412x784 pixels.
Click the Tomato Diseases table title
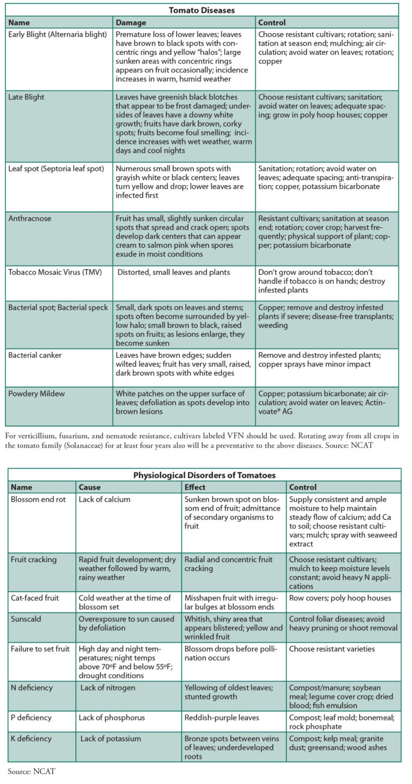(202, 10)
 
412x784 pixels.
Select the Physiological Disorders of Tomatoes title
(204, 475)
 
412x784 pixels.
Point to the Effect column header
(196, 487)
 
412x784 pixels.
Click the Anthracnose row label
(30, 218)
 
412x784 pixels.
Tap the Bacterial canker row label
(34, 356)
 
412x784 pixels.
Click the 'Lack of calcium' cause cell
(105, 500)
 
